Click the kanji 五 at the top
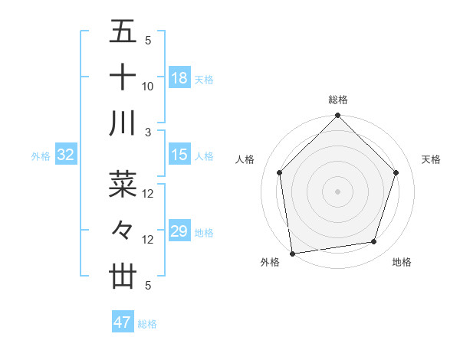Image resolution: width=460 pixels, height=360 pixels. tap(123, 33)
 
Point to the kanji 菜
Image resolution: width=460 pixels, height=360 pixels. tap(123, 184)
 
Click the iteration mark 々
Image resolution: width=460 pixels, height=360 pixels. tap(123, 230)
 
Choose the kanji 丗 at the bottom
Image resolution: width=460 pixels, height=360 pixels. tap(123, 276)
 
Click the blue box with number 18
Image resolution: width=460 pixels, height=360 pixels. tap(179, 78)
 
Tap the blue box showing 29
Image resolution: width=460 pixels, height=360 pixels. tap(179, 231)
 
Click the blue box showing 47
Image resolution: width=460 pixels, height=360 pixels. tap(123, 322)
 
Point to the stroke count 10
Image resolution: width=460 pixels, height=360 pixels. tap(148, 87)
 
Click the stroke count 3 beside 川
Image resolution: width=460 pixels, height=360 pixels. tap(149, 133)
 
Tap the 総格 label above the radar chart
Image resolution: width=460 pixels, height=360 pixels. tap(338, 100)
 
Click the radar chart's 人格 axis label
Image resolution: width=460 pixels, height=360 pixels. tap(245, 159)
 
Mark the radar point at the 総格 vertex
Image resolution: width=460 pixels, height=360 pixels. tap(338, 117)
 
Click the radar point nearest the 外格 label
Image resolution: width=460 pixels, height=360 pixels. tap(292, 254)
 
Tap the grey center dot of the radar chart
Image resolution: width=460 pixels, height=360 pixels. tap(338, 191)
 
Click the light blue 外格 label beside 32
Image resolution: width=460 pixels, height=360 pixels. tap(41, 156)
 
